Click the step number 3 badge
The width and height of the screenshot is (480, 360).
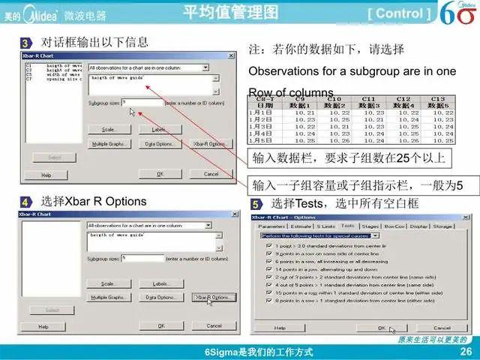pos(25,43)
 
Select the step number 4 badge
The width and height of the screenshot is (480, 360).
pos(25,202)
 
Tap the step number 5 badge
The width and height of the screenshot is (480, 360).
pos(256,204)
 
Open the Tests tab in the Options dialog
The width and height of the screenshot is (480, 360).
pos(347,225)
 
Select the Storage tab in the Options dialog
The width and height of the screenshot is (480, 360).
pos(442,225)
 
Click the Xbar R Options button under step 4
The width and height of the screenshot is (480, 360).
pos(213,297)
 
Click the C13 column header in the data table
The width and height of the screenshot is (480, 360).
pos(438,98)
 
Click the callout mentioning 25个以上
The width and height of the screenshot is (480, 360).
pos(349,157)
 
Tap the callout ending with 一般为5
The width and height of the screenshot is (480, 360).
pos(357,184)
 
